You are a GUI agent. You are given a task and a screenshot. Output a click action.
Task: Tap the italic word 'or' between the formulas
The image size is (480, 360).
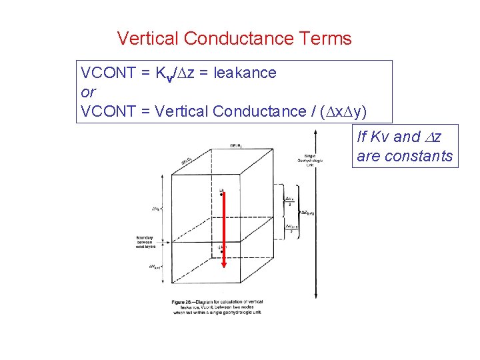(x=88, y=91)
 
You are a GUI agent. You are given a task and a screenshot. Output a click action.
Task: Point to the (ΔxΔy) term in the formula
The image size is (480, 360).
(x=340, y=111)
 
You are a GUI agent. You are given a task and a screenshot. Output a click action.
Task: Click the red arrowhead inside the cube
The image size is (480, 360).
(x=223, y=263)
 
